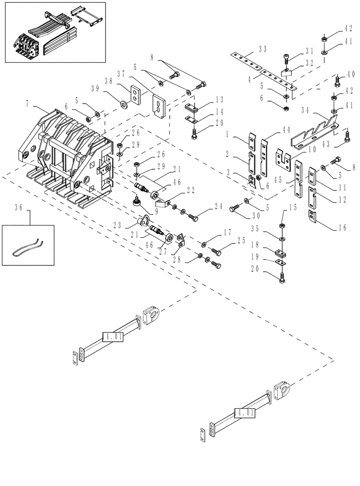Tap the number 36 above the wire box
(19, 208)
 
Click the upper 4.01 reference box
(112, 336)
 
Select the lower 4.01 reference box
(244, 413)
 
